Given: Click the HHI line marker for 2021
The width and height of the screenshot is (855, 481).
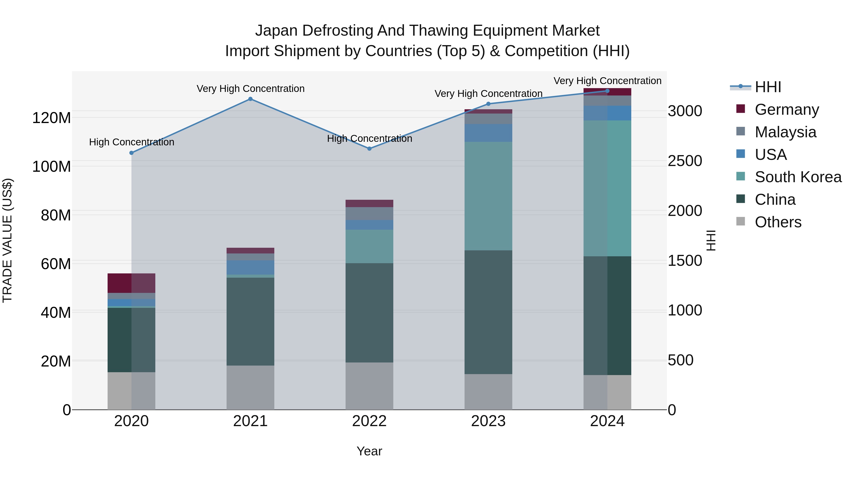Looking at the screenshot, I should pyautogui.click(x=250, y=99).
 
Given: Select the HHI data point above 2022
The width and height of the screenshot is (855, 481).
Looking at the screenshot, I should pyautogui.click(x=369, y=149).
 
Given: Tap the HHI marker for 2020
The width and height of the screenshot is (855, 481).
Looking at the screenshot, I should pyautogui.click(x=131, y=153).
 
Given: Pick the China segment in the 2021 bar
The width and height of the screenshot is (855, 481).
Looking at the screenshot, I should pyautogui.click(x=250, y=321).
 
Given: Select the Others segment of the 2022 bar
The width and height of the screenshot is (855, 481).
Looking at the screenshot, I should pyautogui.click(x=369, y=386).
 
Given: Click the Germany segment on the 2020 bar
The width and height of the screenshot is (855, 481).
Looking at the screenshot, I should pyautogui.click(x=131, y=283).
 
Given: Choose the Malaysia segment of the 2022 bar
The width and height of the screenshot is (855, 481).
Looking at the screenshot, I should pyautogui.click(x=369, y=214).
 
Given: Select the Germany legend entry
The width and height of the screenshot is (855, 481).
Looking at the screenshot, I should pyautogui.click(x=787, y=110).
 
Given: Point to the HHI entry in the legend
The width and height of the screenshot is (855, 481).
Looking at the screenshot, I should pyautogui.click(x=767, y=87).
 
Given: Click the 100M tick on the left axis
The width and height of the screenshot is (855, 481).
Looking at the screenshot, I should pyautogui.click(x=52, y=166).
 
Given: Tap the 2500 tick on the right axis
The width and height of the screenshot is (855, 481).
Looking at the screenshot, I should pyautogui.click(x=685, y=161).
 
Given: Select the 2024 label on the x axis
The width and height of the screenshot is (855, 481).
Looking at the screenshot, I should pyautogui.click(x=607, y=421).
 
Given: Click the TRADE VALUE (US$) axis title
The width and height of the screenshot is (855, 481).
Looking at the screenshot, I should pyautogui.click(x=7, y=240).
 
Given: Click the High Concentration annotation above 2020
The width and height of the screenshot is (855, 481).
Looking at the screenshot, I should pyautogui.click(x=131, y=142).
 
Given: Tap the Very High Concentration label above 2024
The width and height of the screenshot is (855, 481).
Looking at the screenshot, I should pyautogui.click(x=607, y=81).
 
